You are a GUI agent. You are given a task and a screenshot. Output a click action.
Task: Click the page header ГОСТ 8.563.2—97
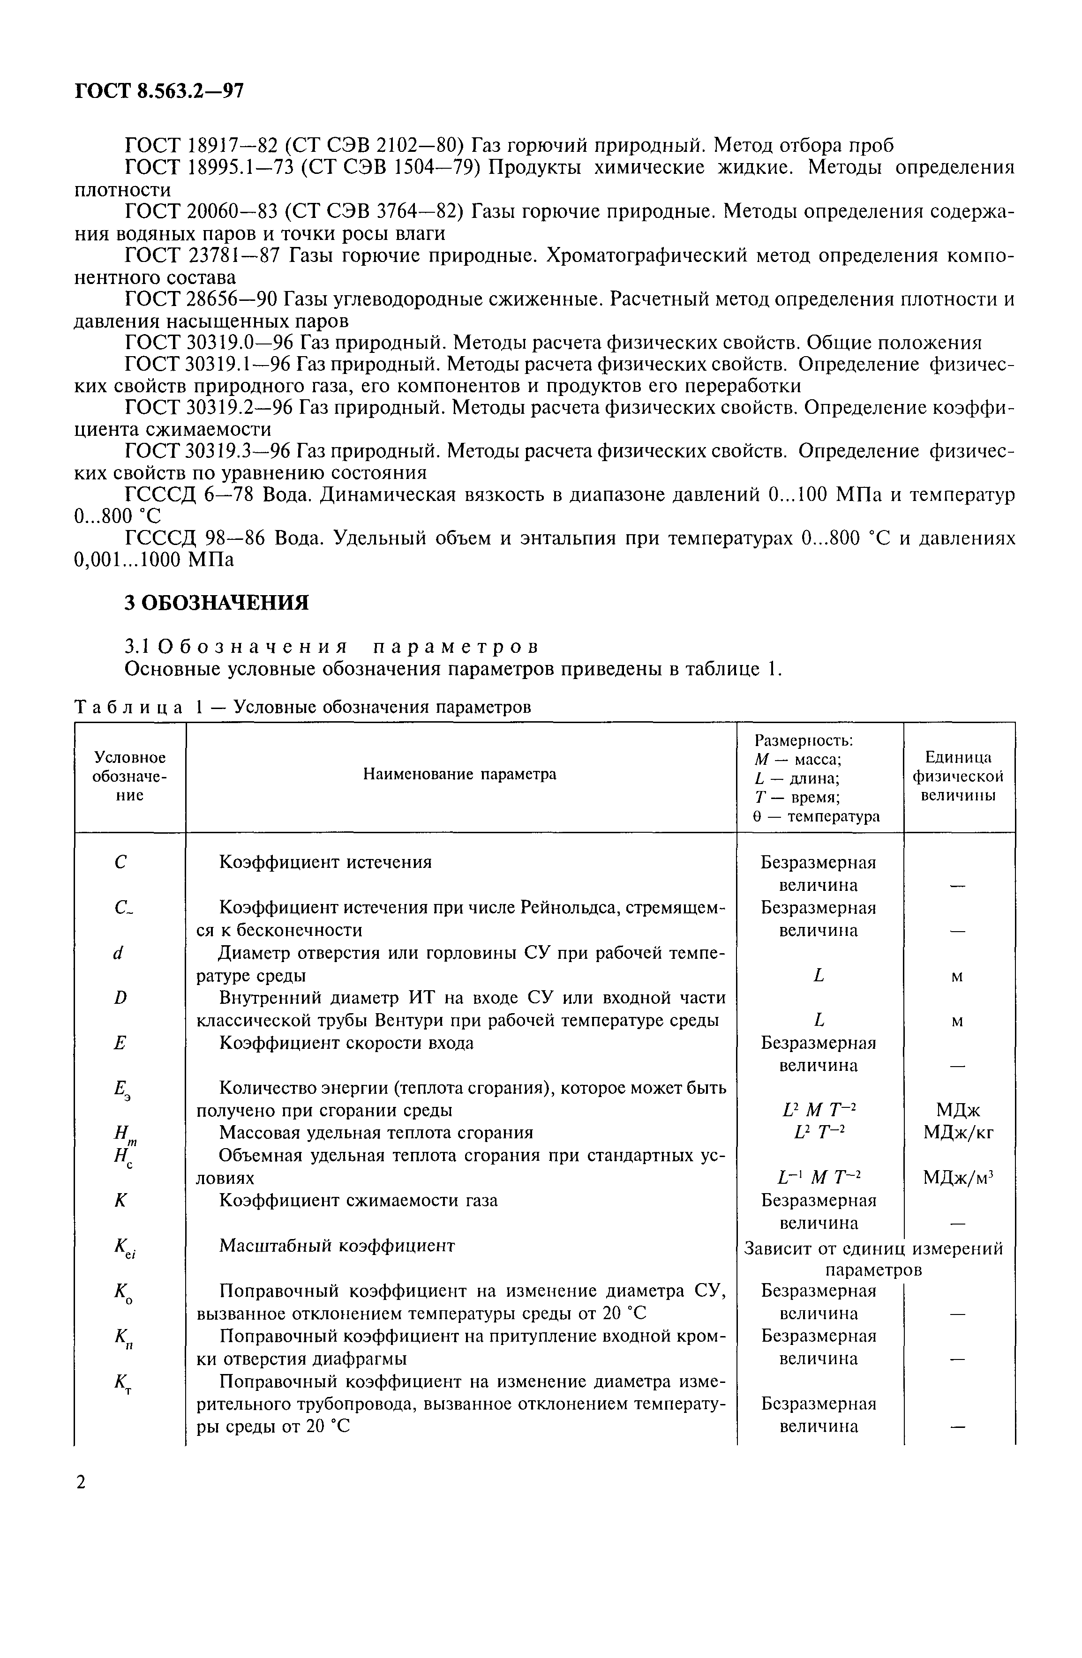(159, 91)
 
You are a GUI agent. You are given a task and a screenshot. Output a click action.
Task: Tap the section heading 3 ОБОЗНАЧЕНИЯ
(216, 602)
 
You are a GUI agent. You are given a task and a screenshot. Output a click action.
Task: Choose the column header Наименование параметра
(460, 774)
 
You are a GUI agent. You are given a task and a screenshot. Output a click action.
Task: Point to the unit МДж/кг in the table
(958, 1133)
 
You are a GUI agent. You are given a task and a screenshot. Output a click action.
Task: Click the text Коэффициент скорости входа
(346, 1043)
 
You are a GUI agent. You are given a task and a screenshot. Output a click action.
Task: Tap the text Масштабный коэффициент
(337, 1245)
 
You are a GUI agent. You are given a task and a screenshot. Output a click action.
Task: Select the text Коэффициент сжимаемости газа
(358, 1200)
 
